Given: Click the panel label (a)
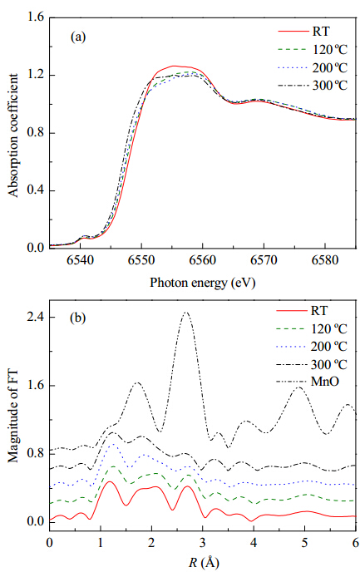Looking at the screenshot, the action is (x=78, y=37).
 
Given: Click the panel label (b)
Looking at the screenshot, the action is (x=78, y=318).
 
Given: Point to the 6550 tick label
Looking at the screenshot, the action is (x=141, y=260).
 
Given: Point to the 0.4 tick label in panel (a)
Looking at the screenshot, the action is (x=36, y=190).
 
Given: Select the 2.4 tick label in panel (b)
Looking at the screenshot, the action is (x=36, y=317).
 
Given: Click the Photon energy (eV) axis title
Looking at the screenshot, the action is (x=202, y=283).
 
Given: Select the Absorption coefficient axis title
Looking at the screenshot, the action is (x=13, y=136).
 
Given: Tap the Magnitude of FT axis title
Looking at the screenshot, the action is (x=13, y=416).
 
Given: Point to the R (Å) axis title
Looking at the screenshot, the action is (x=204, y=562).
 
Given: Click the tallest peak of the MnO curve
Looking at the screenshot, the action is (x=185, y=313).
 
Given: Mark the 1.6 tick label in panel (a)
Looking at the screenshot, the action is (x=36, y=17).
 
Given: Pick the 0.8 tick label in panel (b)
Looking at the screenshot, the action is (x=36, y=453).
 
